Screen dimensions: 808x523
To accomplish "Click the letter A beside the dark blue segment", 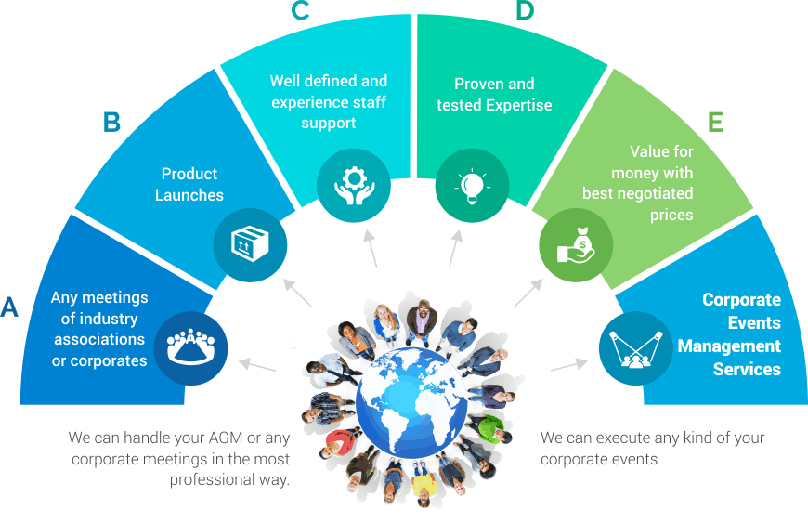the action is pos(9,307).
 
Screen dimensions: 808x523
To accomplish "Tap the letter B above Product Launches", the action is pos(111,122).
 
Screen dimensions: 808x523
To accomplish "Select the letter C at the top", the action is pos(300,10).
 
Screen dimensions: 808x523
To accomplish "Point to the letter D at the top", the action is pos(525,10).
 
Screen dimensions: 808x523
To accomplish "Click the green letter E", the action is pos(715,122).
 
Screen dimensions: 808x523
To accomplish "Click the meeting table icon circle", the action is pos(190,347).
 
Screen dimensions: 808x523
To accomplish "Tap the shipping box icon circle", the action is pos(251,244).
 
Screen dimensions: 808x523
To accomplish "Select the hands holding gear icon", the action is pos(354,186).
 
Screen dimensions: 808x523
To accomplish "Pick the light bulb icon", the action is pos(472,186).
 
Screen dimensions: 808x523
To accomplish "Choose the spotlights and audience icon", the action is pos(636,347).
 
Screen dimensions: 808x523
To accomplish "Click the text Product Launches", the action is pos(189,185).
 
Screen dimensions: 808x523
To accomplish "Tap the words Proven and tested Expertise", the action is pos(494,95).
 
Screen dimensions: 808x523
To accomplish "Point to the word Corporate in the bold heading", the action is pos(741,300).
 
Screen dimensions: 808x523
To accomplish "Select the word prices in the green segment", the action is pos(671,215).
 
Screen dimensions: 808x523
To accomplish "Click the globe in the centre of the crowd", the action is pos(411,403).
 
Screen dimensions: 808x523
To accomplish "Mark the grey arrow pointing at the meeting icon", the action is pos(257,365).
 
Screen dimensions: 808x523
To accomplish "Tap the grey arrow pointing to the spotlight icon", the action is pos(569,364).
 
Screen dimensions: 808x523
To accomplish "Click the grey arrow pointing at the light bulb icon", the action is pos(455,248).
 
